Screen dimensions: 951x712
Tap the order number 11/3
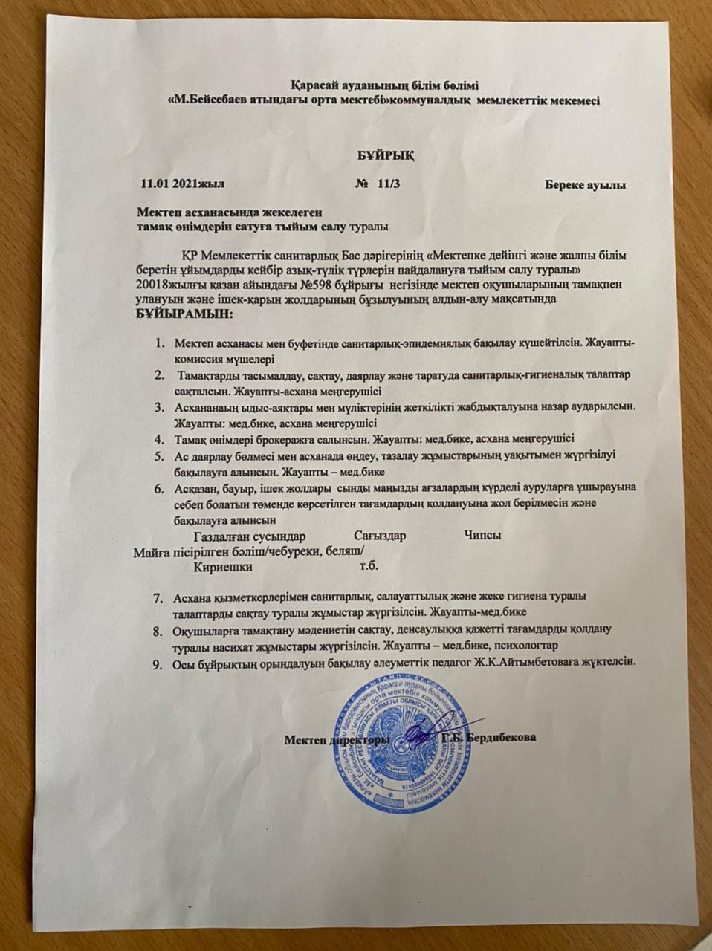tap(389, 184)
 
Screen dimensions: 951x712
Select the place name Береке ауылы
tap(585, 184)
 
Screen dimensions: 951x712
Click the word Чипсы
tap(482, 536)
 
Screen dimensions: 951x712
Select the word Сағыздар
tap(380, 536)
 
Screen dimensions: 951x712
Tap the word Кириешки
tap(222, 566)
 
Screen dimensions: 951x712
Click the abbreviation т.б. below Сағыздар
tap(369, 566)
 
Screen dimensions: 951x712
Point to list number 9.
tap(158, 663)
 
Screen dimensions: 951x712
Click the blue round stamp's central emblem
tap(407, 736)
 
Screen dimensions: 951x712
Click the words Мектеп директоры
tap(337, 739)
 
